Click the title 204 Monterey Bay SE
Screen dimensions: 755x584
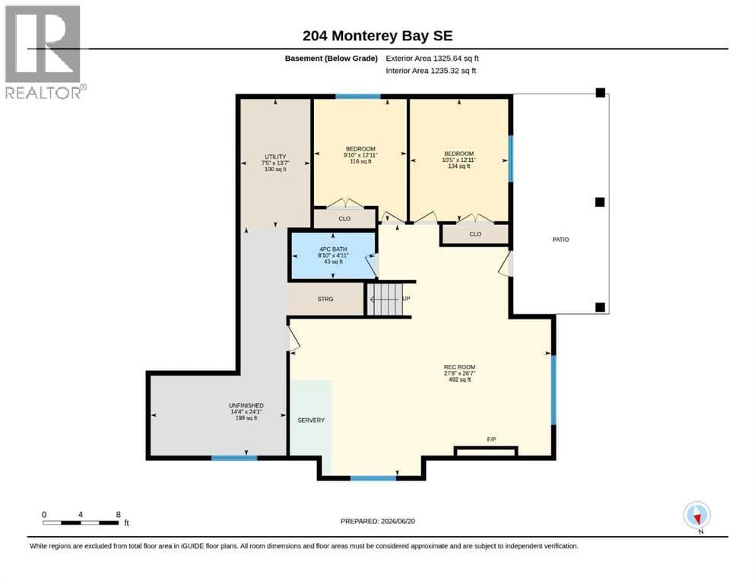click(x=377, y=36)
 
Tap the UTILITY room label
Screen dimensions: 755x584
click(x=275, y=157)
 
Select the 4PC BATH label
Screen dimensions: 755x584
click(x=333, y=249)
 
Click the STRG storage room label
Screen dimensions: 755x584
click(x=325, y=299)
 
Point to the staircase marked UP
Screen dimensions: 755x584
click(x=385, y=299)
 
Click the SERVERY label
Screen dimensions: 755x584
click(x=311, y=421)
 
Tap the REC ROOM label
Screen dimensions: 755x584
click(x=459, y=367)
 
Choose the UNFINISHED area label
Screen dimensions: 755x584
click(x=246, y=405)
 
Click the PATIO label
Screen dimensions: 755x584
click(x=560, y=240)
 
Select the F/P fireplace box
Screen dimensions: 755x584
click(x=486, y=451)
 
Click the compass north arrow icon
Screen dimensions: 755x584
click(x=696, y=515)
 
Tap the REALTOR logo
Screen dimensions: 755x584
click(x=44, y=52)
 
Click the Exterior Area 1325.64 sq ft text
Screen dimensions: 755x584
click(x=432, y=59)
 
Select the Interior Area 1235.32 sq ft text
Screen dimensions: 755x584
click(x=430, y=71)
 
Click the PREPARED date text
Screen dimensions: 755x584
click(x=377, y=521)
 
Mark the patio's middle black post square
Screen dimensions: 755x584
click(x=599, y=202)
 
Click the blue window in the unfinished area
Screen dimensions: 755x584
click(x=234, y=458)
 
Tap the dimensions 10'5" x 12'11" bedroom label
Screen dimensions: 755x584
click(x=459, y=160)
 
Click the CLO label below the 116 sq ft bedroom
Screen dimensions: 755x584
click(x=344, y=218)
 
